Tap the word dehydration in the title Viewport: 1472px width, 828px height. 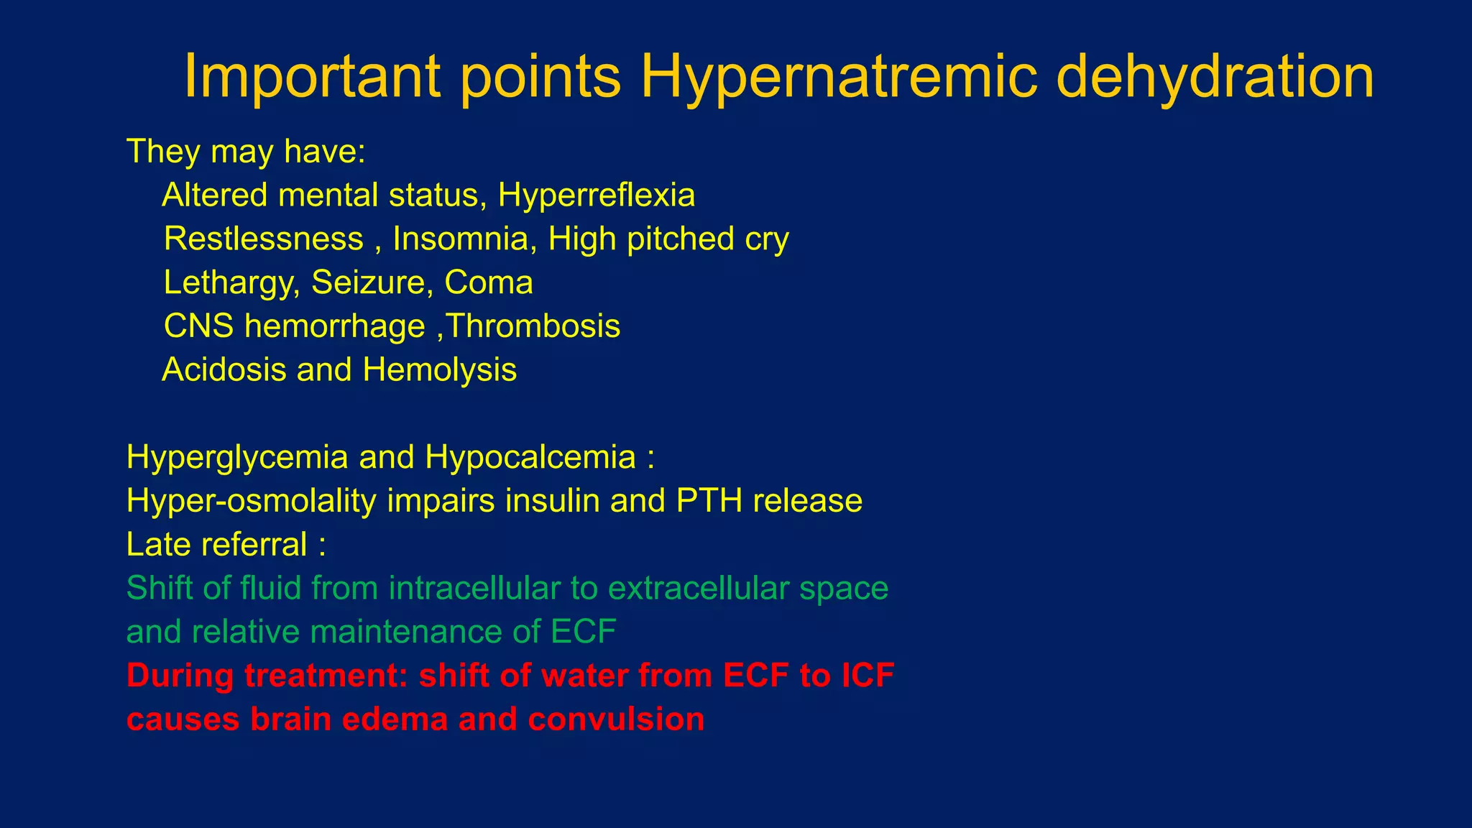[x=1215, y=78]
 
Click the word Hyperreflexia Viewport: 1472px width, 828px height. [x=597, y=195]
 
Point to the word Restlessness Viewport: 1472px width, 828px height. [x=263, y=239]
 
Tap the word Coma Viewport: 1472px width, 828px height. [x=489, y=283]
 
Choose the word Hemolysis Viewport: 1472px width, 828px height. [x=440, y=370]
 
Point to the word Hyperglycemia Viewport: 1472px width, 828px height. [x=236, y=458]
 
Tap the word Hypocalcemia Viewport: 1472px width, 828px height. [x=530, y=458]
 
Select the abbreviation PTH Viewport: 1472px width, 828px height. [x=709, y=501]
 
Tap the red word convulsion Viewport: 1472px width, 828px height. [x=616, y=719]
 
